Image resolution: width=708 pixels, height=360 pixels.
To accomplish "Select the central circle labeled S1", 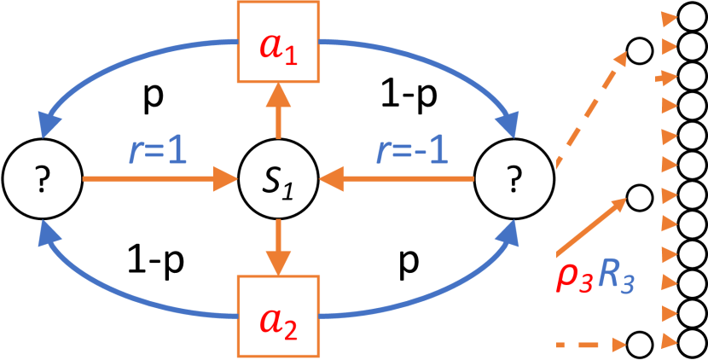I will click(x=276, y=180).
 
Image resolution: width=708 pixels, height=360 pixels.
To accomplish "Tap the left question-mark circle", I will click(x=41, y=180).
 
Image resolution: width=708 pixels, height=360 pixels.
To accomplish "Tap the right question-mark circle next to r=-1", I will click(x=514, y=180).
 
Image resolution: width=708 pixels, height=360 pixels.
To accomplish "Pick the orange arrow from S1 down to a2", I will click(x=276, y=250).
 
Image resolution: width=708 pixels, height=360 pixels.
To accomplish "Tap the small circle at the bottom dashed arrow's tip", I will click(x=640, y=345).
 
